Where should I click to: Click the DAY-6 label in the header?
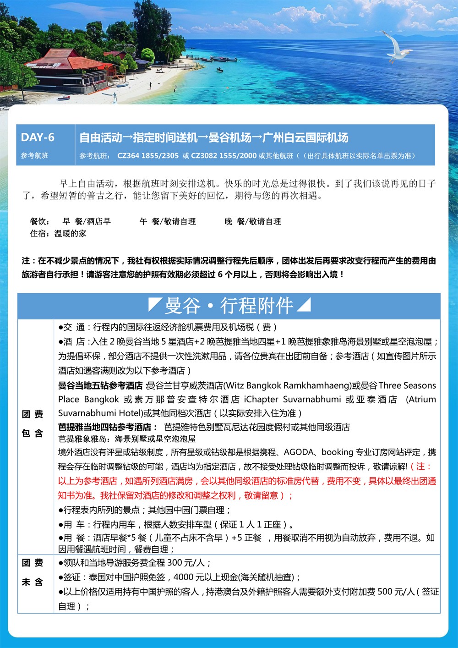tap(38, 137)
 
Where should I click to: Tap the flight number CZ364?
tap(128, 156)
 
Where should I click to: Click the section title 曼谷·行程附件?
tap(229, 306)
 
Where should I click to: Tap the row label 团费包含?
tap(33, 423)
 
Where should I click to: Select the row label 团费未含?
tap(33, 572)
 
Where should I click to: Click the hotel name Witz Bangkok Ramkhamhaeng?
tap(288, 385)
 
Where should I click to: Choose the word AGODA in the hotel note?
tap(298, 452)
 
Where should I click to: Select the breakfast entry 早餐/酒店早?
tap(87, 222)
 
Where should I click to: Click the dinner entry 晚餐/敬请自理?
tap(253, 222)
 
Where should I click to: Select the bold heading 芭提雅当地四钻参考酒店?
tap(105, 427)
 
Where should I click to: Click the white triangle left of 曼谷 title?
tap(154, 304)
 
